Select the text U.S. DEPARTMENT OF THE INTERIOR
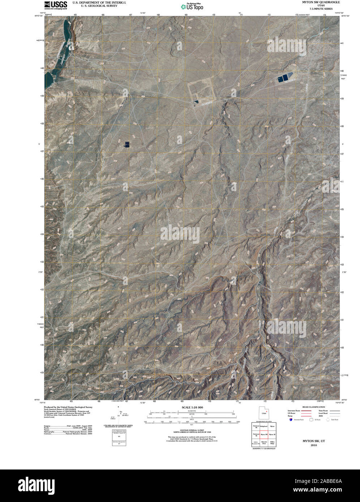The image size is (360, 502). tap(99, 2)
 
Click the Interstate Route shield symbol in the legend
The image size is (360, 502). tap(291, 420)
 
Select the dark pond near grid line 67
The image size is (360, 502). tap(127, 145)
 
